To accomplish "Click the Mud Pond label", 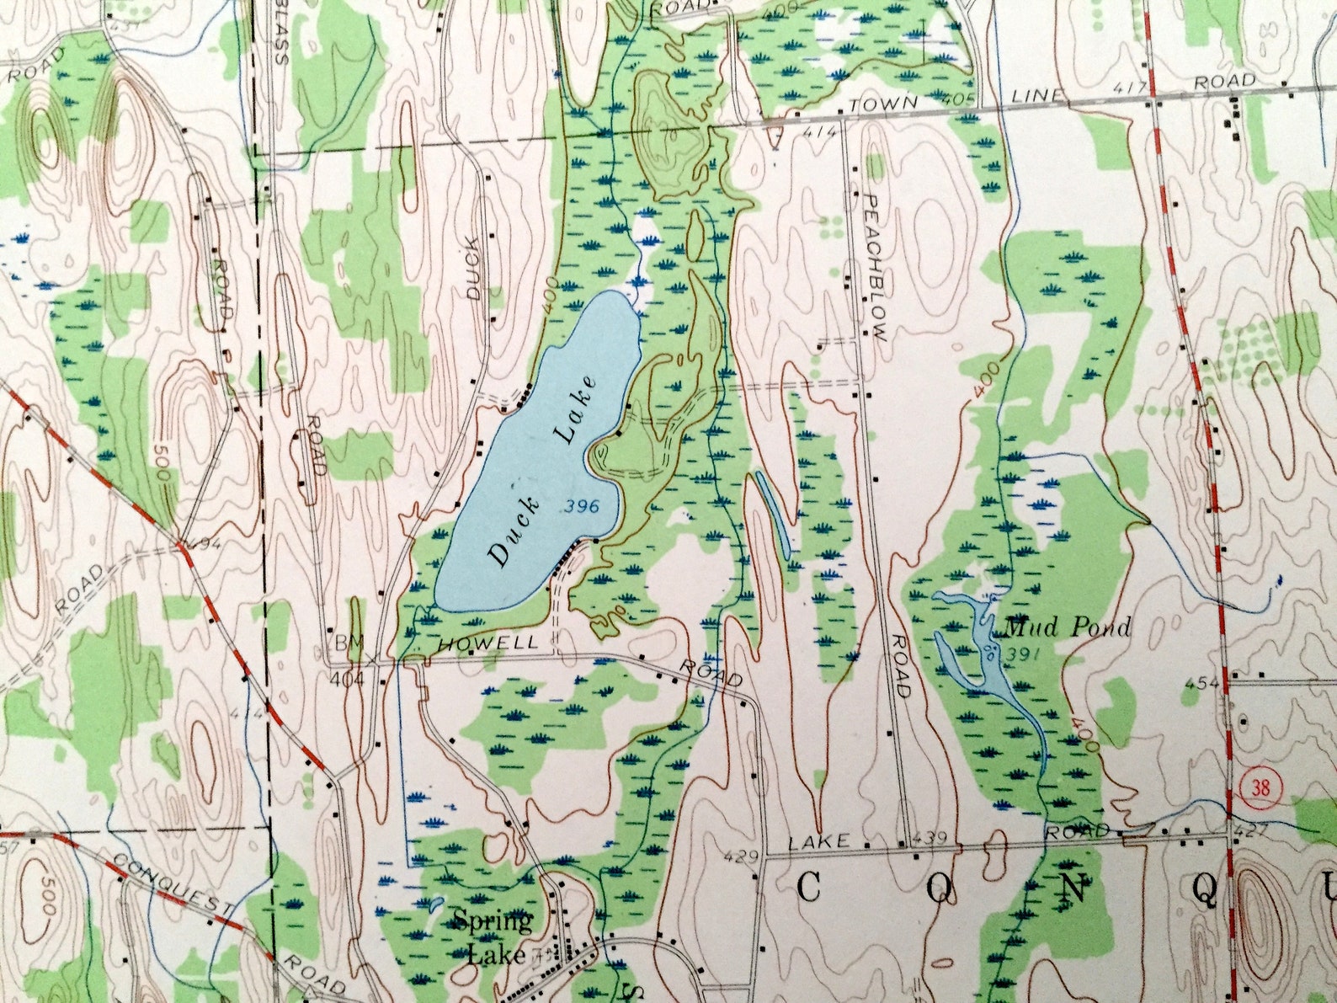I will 1067,627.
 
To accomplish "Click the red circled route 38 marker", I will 1260,788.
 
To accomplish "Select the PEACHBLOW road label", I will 875,268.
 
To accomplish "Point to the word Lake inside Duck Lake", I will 575,408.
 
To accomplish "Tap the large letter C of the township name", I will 808,887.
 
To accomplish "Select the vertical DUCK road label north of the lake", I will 475,268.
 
